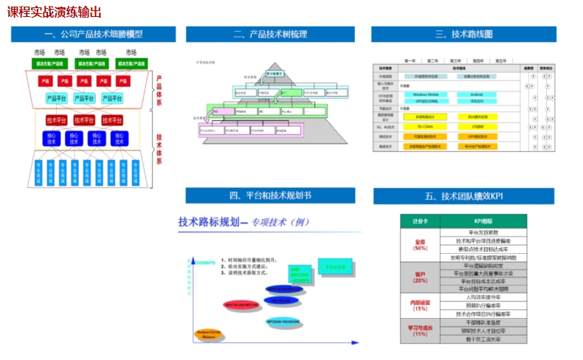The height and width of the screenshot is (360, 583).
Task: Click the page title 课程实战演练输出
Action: coord(55,13)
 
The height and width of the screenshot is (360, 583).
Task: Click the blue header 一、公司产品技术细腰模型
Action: coord(93,35)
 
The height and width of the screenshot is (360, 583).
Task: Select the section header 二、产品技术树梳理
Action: coord(271,35)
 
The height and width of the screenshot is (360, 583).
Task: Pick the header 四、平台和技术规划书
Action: coord(271,195)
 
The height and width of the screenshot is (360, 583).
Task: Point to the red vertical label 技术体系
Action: coord(159,148)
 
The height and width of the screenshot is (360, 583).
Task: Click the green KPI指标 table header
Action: coord(483,221)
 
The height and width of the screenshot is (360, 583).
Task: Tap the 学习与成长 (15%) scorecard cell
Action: coord(420,330)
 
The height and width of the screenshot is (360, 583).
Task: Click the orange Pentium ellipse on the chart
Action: coord(209,336)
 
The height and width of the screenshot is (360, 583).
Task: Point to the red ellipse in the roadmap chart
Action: coord(241,304)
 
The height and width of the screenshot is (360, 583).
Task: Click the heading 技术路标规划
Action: coord(210,221)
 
